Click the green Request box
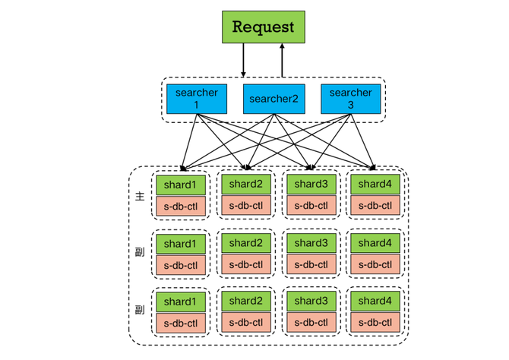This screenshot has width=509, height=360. pos(264,27)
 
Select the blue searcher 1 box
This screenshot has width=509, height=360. pos(197,99)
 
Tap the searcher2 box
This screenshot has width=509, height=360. pos(274,99)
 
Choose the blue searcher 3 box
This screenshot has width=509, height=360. pos(350,99)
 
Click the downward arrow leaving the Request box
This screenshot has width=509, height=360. pos(243,60)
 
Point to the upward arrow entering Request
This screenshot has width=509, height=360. pos(282,60)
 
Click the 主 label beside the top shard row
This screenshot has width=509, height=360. pos(140,196)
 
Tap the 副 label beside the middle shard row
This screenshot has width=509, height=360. pos(140,251)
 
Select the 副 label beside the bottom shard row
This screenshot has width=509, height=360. pos(140,310)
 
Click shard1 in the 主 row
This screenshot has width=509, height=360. pos(181,185)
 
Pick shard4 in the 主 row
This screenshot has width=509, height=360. pos(375,185)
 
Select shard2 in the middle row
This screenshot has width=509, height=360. pos(245,243)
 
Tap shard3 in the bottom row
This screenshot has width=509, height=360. pos(311,302)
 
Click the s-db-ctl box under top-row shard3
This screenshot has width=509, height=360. pos(311,205)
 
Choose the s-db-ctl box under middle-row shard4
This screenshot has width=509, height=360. pos(375,264)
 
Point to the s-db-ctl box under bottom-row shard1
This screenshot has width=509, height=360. pos(181,324)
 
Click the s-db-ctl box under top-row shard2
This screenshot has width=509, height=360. pos(245,205)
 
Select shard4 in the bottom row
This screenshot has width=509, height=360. pos(375,302)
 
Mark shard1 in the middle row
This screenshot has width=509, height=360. pos(181,244)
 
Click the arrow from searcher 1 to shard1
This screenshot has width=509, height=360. pos(190,142)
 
